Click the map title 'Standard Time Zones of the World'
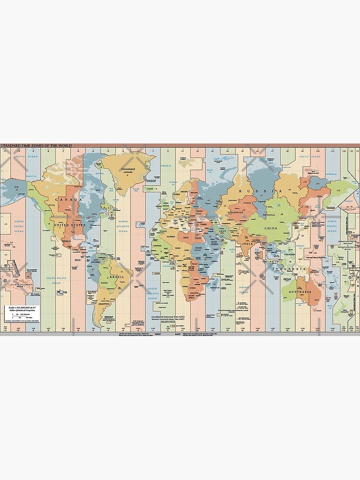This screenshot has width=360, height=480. pos(36,145)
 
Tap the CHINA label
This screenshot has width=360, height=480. pos(271,228)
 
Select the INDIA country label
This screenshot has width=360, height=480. pos(247,244)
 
